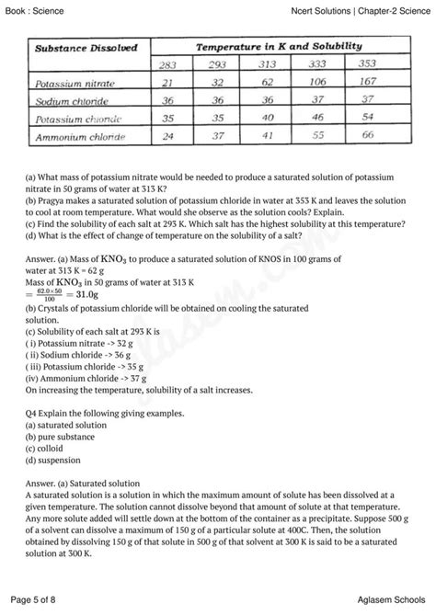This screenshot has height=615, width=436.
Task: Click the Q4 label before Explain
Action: [x=34, y=414]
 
